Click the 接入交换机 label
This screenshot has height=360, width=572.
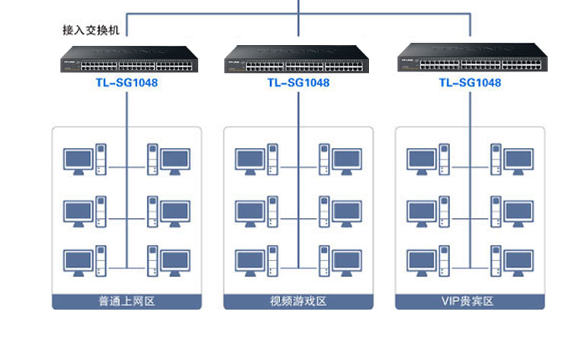click(91, 30)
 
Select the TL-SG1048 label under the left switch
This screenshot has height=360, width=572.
click(127, 83)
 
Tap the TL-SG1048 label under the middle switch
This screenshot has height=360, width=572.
click(298, 83)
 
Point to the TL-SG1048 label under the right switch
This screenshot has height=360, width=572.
click(470, 83)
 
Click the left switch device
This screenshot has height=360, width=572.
click(129, 59)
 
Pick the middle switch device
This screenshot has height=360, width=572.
click(296, 59)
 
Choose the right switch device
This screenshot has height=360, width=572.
click(472, 57)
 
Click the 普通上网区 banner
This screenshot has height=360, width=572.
click(127, 301)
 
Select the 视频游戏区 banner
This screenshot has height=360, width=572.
click(298, 301)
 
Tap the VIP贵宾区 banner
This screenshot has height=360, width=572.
click(470, 301)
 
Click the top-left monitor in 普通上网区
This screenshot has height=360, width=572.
click(78, 161)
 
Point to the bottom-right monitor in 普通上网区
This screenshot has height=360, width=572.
click(175, 262)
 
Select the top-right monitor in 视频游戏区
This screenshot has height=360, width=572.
click(347, 161)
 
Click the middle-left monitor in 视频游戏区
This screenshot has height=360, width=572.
click(250, 214)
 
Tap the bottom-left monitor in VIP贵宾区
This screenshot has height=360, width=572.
click(422, 262)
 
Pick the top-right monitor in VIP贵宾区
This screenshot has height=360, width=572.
click(519, 161)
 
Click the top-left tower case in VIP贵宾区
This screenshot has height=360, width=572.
click(445, 159)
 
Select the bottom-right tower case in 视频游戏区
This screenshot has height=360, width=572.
click(324, 261)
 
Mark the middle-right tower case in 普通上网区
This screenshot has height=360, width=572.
click(153, 211)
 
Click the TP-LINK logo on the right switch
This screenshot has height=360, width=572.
click(407, 59)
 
